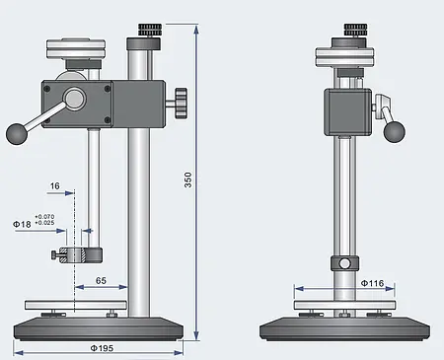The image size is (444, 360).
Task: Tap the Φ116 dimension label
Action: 372,284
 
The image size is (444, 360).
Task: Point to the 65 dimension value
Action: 103,282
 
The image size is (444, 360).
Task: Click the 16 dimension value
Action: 54,184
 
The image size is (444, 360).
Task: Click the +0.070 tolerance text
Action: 45,216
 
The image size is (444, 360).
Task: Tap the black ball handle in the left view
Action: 16,133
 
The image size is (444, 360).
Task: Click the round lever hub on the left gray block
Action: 74,99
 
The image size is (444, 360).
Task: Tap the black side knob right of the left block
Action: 180,101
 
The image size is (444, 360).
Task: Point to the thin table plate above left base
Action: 76,303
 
